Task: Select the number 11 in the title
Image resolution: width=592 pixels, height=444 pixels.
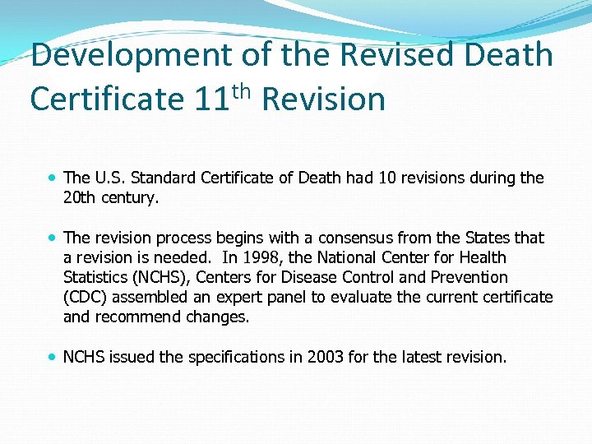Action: click(212, 99)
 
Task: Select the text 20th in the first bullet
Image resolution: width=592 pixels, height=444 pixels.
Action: click(81, 197)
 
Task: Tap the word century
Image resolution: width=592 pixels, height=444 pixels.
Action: click(133, 197)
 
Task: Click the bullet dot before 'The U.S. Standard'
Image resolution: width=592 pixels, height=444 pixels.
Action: click(52, 178)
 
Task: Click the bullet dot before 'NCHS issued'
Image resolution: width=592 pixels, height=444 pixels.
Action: click(52, 357)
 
